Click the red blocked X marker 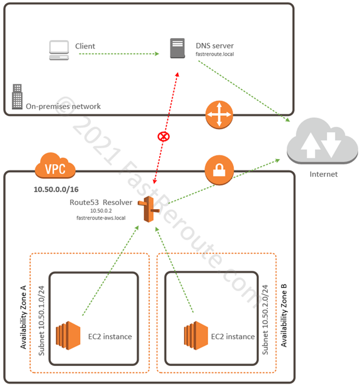tap(161, 136)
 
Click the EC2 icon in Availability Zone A tap(68, 336)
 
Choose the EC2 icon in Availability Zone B tap(193, 336)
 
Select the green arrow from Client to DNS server tap(119, 54)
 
